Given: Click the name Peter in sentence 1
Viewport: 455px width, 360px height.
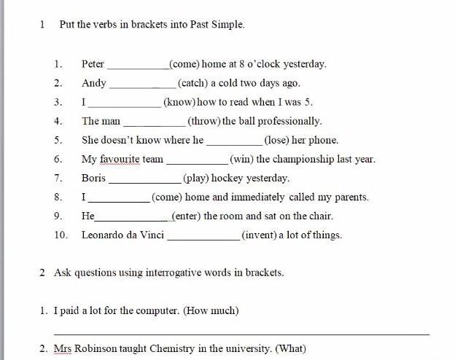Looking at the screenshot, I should [93, 64].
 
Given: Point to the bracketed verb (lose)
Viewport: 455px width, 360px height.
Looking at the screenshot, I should [281, 140].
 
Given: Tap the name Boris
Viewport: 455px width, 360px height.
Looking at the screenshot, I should [93, 178].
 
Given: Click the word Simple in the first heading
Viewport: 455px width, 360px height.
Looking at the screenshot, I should [227, 24].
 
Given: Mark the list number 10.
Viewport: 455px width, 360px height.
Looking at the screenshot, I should [61, 235].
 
